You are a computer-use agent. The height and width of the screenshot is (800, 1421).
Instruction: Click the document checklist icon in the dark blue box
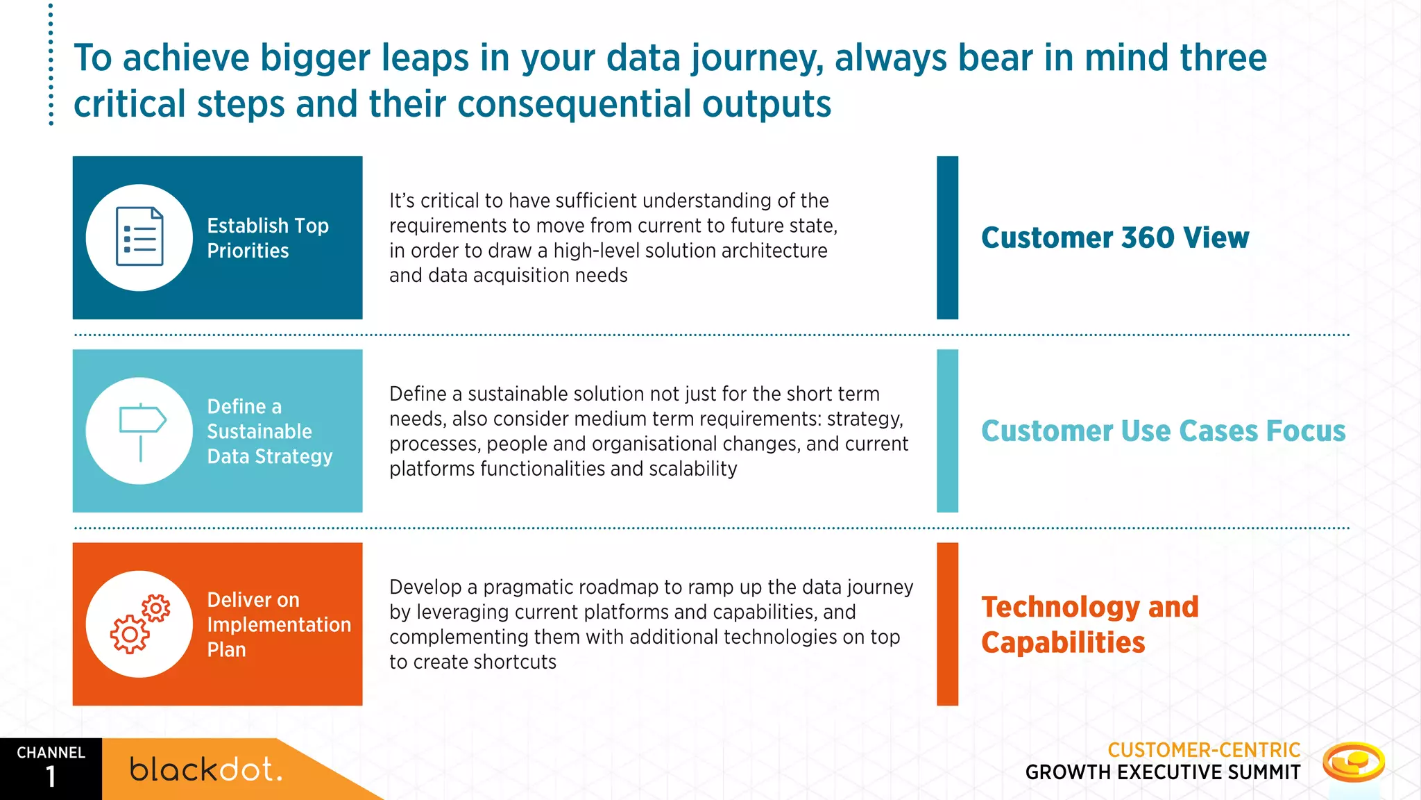click(x=139, y=237)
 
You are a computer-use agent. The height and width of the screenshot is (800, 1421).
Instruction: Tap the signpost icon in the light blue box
click(x=142, y=431)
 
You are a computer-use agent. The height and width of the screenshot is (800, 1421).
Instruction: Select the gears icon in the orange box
click(x=139, y=624)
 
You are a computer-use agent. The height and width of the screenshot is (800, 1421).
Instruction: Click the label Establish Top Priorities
click(x=268, y=238)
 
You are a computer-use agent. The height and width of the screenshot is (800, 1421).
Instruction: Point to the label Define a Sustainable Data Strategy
click(x=270, y=431)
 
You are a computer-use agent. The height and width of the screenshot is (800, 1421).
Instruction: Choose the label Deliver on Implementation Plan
click(x=278, y=624)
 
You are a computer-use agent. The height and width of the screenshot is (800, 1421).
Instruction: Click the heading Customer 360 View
click(x=1114, y=237)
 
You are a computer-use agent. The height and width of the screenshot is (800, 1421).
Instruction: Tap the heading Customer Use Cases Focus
click(x=1163, y=431)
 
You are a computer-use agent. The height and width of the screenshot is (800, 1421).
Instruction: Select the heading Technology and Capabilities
click(x=1089, y=624)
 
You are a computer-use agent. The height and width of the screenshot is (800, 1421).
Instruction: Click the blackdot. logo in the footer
click(x=206, y=769)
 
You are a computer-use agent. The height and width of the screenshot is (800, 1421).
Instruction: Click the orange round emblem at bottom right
click(x=1353, y=762)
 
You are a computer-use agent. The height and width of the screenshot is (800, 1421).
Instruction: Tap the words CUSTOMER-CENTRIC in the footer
click(x=1204, y=750)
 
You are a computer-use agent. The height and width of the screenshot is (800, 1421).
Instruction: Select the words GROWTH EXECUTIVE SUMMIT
click(x=1163, y=772)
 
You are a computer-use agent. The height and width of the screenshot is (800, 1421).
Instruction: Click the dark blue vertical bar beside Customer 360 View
click(x=947, y=237)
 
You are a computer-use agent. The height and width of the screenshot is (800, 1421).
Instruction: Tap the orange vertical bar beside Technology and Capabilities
click(x=947, y=624)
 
